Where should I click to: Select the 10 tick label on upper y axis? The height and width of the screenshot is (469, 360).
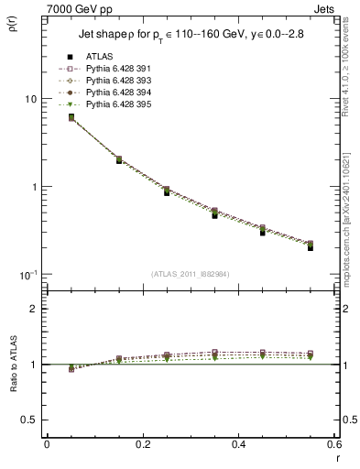(30, 99)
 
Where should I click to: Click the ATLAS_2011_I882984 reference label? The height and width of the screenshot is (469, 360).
(190, 275)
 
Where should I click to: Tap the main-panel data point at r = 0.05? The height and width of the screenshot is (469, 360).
(71, 117)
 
